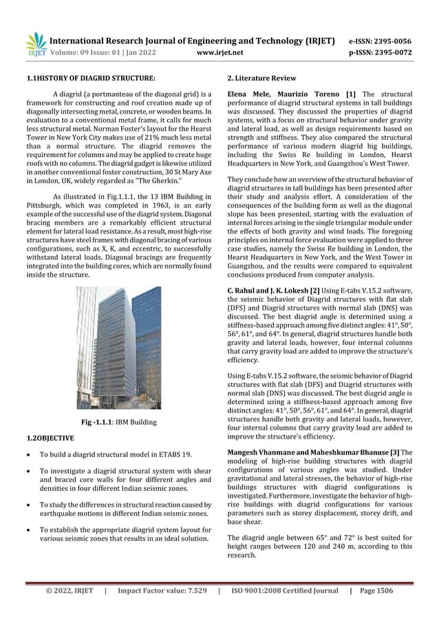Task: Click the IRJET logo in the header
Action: coord(35,43)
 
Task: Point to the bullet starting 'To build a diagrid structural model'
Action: coord(121,455)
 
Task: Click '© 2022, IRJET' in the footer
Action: coord(69,590)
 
